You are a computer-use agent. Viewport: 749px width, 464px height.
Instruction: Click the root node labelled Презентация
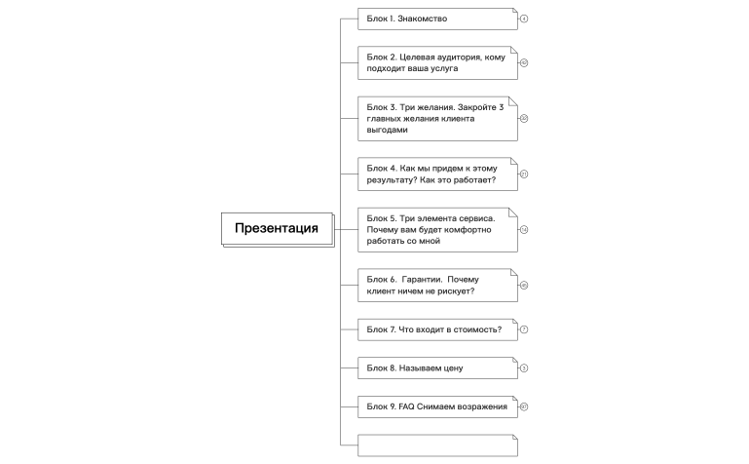point(277,229)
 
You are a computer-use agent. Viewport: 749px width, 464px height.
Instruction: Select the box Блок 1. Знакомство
point(437,19)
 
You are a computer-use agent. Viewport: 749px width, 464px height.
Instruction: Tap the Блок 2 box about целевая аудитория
point(437,62)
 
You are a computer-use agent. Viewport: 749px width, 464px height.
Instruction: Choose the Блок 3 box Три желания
point(437,118)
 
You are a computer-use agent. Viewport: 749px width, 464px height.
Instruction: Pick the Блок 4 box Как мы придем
point(437,174)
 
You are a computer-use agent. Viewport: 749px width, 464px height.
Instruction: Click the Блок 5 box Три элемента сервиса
point(437,230)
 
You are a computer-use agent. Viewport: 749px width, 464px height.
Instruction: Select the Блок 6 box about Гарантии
point(437,286)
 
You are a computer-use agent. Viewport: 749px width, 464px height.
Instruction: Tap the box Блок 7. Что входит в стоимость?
point(437,329)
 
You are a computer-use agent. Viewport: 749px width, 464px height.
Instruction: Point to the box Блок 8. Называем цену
point(437,368)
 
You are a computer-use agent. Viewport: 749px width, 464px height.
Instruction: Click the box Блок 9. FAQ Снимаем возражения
point(437,406)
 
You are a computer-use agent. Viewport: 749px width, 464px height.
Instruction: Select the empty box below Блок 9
point(437,445)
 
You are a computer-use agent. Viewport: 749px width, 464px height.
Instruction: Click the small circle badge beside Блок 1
point(523,19)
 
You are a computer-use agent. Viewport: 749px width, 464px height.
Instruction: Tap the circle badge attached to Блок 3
point(523,118)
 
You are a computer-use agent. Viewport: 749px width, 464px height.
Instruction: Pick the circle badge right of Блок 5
point(523,230)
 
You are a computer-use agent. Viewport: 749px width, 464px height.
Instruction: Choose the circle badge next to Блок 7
point(523,329)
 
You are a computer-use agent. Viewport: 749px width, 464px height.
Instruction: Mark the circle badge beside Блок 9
point(523,406)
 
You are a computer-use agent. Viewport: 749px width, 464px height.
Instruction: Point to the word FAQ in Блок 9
point(407,406)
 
